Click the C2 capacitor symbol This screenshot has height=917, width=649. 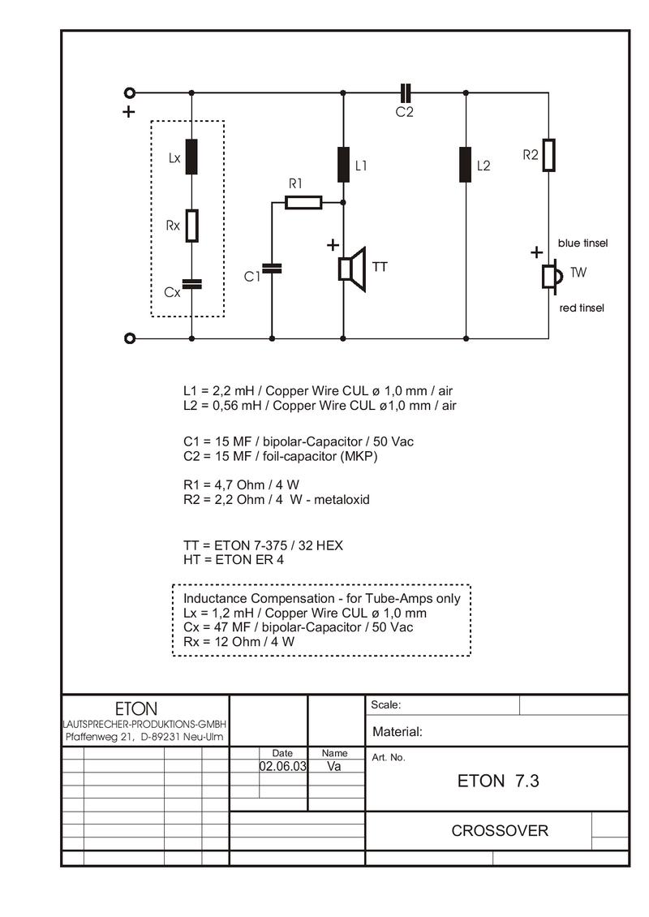coord(406,93)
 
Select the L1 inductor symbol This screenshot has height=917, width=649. coord(343,165)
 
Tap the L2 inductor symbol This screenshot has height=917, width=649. coord(466,165)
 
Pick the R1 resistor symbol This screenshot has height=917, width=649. coord(303,202)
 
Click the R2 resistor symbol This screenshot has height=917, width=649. coord(548,155)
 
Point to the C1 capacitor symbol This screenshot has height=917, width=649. coord(272,269)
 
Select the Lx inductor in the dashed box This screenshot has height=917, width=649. coord(191,157)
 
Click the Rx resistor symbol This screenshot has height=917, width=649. coord(191,226)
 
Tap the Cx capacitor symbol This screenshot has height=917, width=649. coord(191,284)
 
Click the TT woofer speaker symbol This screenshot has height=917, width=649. coord(353,269)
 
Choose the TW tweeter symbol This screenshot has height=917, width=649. coord(552,276)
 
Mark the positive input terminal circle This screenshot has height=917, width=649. coord(130,93)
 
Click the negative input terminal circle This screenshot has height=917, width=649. coord(130,338)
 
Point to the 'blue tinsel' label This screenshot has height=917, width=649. coord(583,243)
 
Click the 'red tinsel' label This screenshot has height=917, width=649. coord(582,308)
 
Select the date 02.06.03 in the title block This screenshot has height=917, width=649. coord(283,766)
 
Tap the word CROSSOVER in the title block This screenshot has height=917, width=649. coord(500,830)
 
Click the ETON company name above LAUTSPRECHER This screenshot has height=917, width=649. coord(136,708)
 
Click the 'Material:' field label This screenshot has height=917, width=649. coord(398,732)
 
